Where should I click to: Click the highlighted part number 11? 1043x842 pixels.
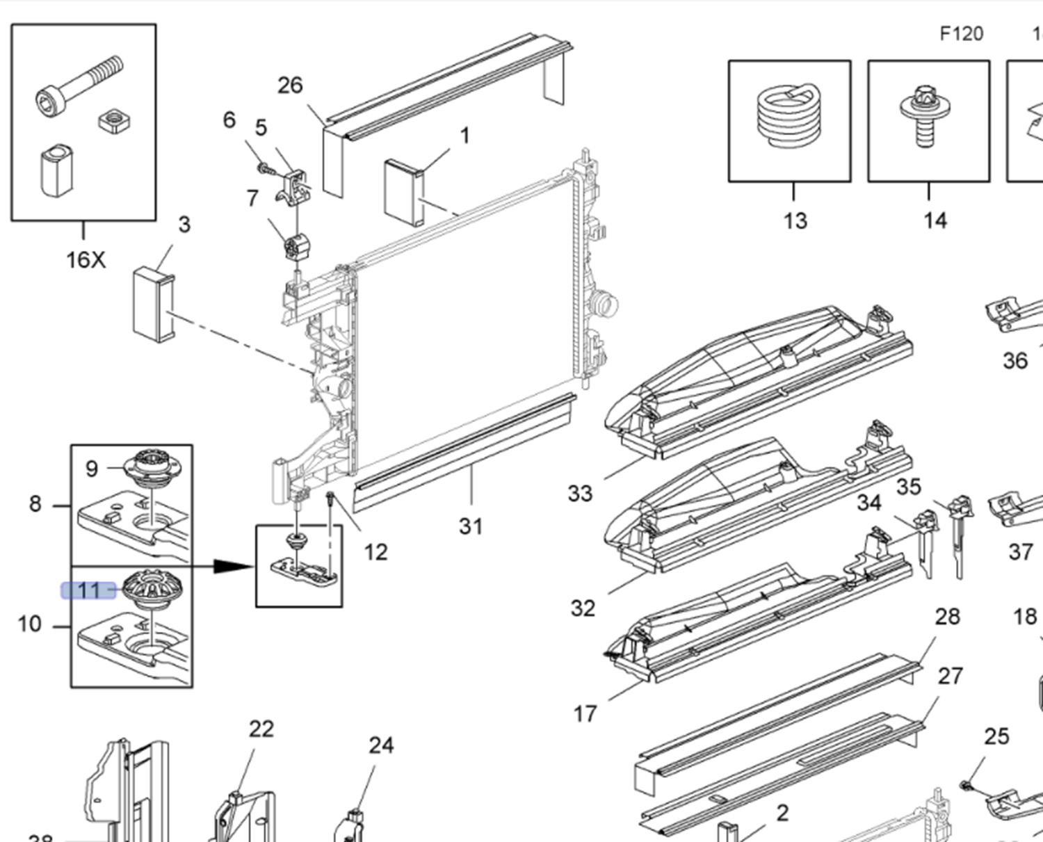pyautogui.click(x=88, y=590)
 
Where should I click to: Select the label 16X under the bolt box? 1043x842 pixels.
pyautogui.click(x=86, y=259)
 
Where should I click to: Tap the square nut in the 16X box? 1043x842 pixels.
pyautogui.click(x=111, y=121)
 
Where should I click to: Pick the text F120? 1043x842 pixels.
pyautogui.click(x=961, y=33)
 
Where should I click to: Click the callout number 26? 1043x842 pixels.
pyautogui.click(x=290, y=86)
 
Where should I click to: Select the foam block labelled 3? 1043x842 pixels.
pyautogui.click(x=154, y=305)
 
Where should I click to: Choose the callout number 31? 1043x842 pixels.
pyautogui.click(x=471, y=526)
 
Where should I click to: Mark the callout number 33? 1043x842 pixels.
pyautogui.click(x=580, y=493)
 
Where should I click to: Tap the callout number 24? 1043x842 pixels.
pyautogui.click(x=381, y=745)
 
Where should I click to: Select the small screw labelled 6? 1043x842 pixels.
pyautogui.click(x=263, y=167)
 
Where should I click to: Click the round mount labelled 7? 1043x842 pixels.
pyautogui.click(x=297, y=247)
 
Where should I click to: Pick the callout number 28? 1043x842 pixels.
pyautogui.click(x=947, y=616)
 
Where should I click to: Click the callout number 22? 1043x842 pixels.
pyautogui.click(x=261, y=729)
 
